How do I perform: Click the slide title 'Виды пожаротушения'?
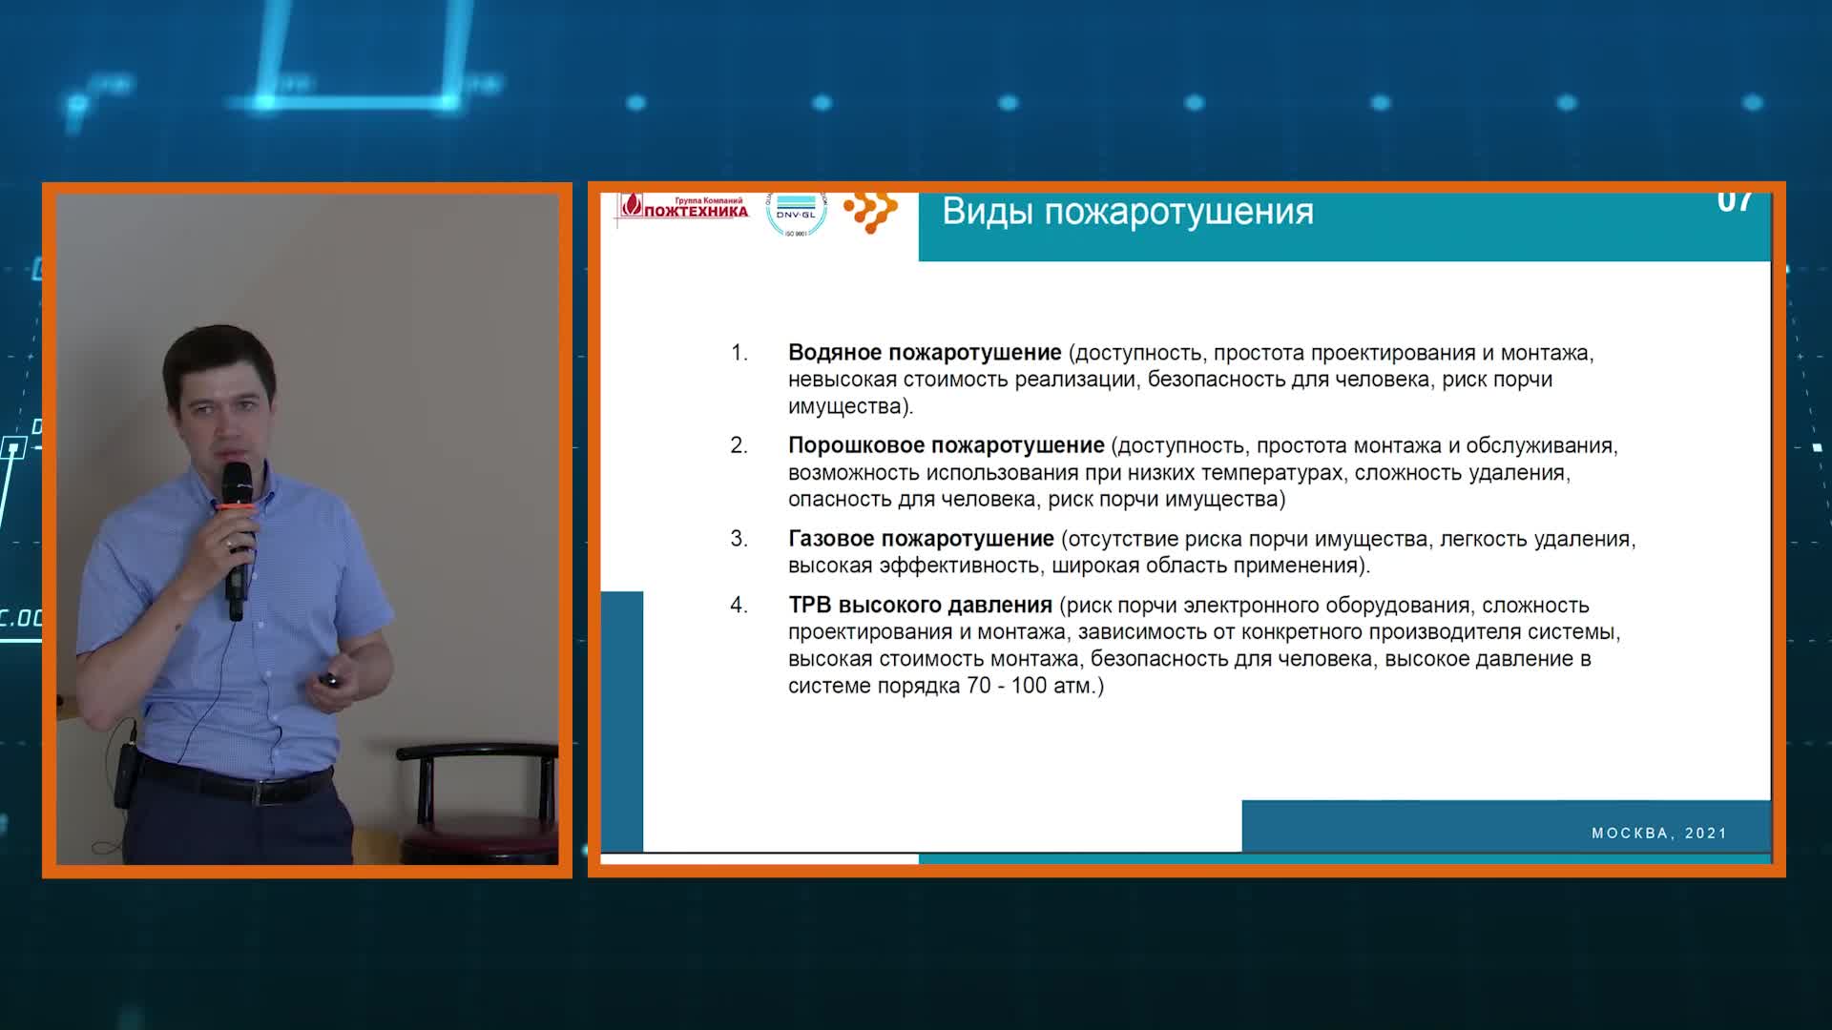click(1128, 212)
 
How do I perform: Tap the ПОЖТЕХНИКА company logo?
click(683, 208)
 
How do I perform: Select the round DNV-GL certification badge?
click(796, 214)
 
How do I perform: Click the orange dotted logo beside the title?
click(871, 212)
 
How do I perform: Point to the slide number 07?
click(1735, 202)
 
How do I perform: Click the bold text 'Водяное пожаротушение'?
click(925, 353)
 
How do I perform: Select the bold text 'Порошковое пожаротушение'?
click(946, 445)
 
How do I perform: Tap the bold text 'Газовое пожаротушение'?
click(921, 539)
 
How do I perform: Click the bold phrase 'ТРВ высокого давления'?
click(920, 606)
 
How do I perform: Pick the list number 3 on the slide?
click(739, 539)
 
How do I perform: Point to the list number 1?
click(739, 353)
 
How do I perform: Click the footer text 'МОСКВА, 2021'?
click(1659, 834)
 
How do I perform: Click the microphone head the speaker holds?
click(237, 482)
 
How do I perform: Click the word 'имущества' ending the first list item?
click(845, 407)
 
